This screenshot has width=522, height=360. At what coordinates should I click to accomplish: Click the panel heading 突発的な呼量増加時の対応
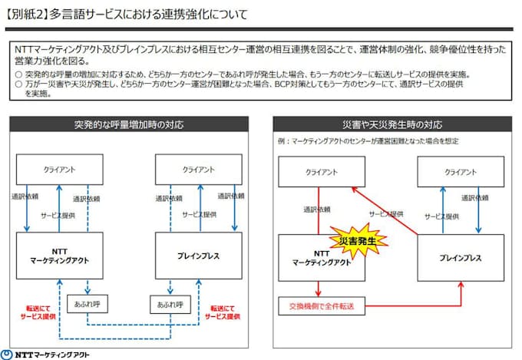129,124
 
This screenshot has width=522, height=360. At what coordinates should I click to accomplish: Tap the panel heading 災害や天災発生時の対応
391,124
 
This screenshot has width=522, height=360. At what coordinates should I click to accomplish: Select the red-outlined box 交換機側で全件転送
321,308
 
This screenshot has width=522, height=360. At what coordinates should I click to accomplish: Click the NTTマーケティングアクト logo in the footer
46,353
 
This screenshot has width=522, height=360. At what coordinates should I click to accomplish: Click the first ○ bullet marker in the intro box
18,74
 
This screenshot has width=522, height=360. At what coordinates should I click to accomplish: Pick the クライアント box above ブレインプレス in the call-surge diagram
199,170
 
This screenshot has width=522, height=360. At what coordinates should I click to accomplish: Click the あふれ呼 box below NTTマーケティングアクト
86,304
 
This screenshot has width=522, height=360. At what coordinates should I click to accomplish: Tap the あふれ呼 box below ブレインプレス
170,304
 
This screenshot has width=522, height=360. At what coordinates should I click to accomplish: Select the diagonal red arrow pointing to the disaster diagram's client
384,211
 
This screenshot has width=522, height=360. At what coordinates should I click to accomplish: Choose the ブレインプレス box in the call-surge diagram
199,256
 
